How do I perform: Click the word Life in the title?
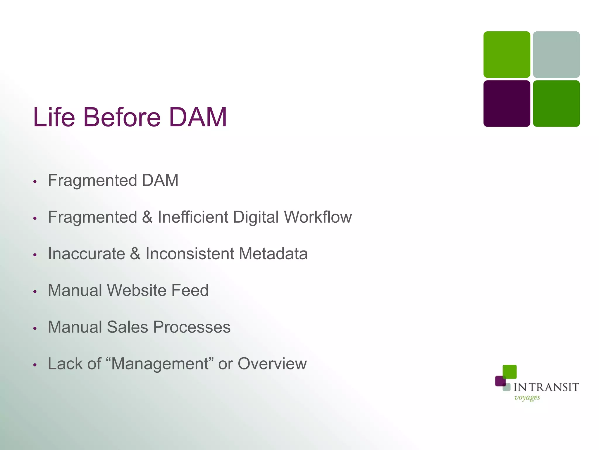click(x=54, y=117)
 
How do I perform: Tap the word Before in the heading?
click(x=122, y=117)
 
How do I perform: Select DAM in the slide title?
click(x=198, y=117)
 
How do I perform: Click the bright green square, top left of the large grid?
click(x=507, y=54)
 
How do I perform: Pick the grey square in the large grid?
click(x=556, y=54)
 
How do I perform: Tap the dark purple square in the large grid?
click(x=507, y=104)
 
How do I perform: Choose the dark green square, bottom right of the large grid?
click(x=556, y=104)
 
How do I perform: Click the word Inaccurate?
click(x=87, y=254)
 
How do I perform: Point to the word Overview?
click(x=272, y=364)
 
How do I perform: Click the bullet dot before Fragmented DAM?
click(x=35, y=182)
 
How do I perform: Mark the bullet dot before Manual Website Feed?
click(x=35, y=292)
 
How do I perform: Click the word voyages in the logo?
click(x=527, y=398)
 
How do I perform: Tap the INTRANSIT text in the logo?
click(x=546, y=387)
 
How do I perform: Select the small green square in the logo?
click(x=510, y=372)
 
